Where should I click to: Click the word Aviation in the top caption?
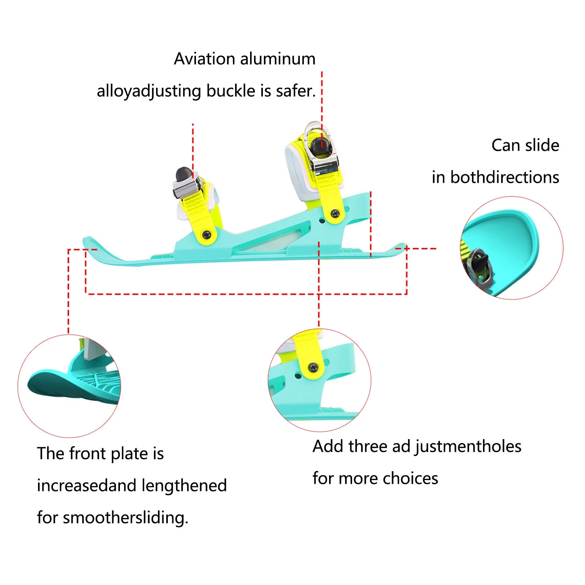tap(199, 59)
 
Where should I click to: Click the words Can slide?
tap(525, 146)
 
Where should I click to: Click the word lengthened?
tap(184, 486)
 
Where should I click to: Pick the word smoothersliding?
tap(125, 518)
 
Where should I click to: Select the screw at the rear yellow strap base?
tap(334, 213)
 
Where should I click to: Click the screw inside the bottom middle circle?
tap(313, 367)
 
